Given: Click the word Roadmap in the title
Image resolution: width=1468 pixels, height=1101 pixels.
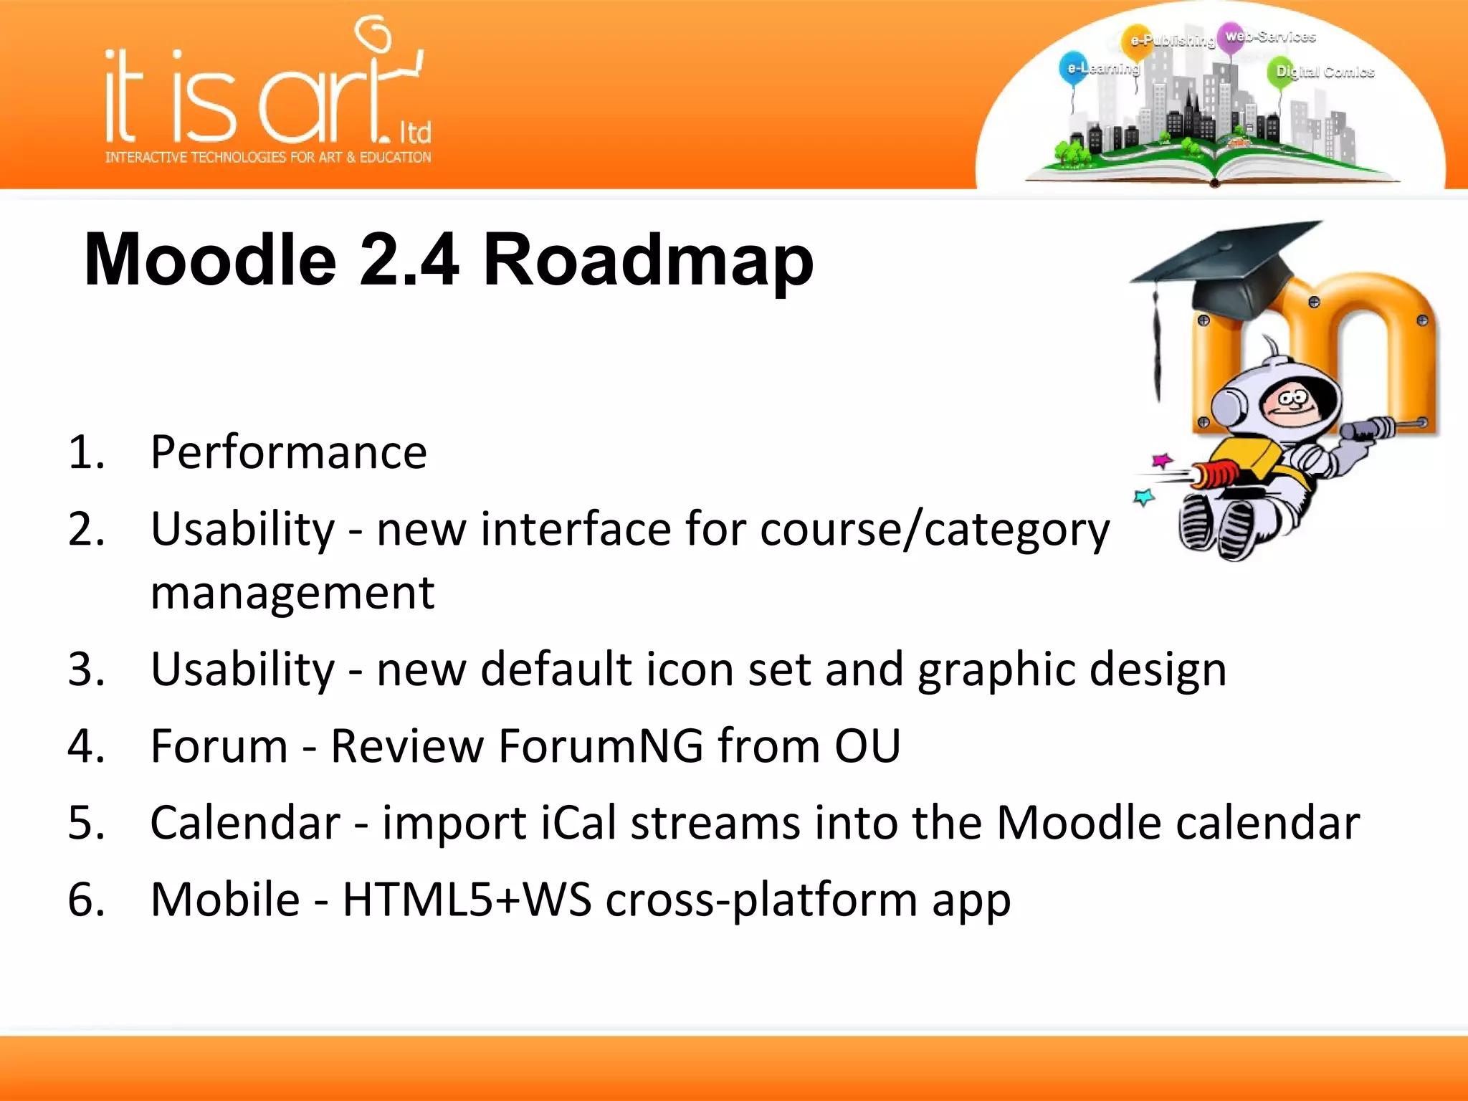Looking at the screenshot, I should [x=648, y=259].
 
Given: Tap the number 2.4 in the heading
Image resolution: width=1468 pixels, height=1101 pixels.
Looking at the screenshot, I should [x=408, y=259].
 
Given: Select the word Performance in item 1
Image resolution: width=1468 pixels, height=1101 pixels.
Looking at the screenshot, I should [x=288, y=452].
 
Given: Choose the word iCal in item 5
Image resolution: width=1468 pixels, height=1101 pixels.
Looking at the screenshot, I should [x=578, y=822].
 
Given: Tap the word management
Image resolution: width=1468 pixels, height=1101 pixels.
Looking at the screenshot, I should [x=292, y=593].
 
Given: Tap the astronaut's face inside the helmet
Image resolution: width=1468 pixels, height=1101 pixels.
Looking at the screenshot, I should [x=1290, y=406].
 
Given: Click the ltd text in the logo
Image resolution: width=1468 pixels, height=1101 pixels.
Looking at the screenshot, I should [x=415, y=133].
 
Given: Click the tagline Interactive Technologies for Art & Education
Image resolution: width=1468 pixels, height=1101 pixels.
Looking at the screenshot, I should [x=268, y=157].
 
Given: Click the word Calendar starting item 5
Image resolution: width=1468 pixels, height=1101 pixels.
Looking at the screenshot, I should [x=245, y=822].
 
